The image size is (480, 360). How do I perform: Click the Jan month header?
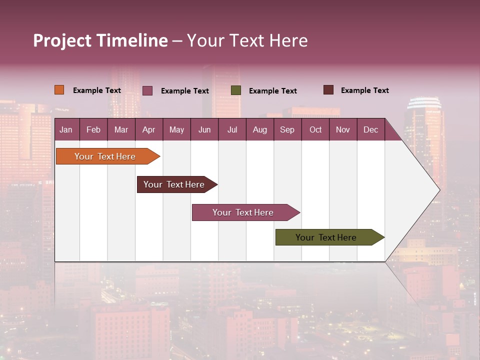66,129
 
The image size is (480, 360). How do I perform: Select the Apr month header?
148,129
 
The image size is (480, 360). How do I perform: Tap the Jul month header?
232,129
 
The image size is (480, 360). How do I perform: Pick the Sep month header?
287,129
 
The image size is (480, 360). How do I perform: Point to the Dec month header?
370,129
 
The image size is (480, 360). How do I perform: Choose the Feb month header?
93,129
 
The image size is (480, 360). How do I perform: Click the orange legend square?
59,90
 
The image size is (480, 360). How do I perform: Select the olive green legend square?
236,90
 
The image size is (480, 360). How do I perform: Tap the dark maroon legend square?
328,90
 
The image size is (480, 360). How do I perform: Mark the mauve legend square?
147,90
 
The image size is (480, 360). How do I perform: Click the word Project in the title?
62,40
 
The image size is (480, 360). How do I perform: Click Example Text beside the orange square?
97,90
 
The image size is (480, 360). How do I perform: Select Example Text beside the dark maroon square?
365,90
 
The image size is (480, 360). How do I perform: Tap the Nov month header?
343,129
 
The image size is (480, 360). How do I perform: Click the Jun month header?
204,129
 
